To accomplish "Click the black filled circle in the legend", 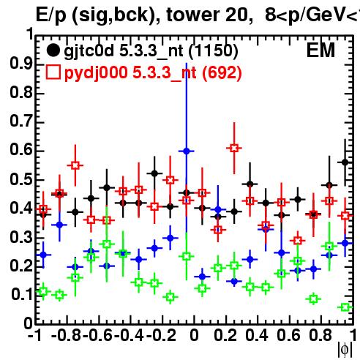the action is pos(53,50).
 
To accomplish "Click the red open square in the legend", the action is pos(53,72).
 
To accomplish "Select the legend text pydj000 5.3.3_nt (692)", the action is pos(153,72).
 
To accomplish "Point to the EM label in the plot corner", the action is pos(320,50).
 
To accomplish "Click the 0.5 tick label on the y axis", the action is pos(21,179).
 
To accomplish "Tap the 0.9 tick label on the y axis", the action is pos(21,64).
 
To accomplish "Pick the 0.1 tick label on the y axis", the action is pos(22,294).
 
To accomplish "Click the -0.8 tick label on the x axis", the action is pos(67,335).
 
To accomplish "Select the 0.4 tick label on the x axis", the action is pos(257,335).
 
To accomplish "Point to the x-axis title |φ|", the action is pos(345,350).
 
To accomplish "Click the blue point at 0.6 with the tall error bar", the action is pos(187,151).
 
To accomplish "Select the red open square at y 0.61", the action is pos(234,148).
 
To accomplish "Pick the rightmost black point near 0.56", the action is pos(345,162).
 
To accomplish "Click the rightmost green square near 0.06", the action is pos(345,307).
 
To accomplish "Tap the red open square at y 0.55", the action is pos(75,165).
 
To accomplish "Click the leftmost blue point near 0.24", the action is pos(43,255).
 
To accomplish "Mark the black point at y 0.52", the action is pos(154,173).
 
